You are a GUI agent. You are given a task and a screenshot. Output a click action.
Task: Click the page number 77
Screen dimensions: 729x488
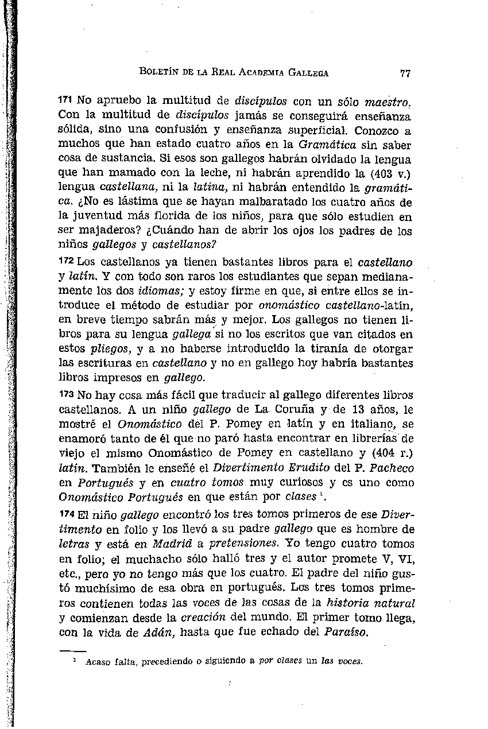click(x=405, y=73)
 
